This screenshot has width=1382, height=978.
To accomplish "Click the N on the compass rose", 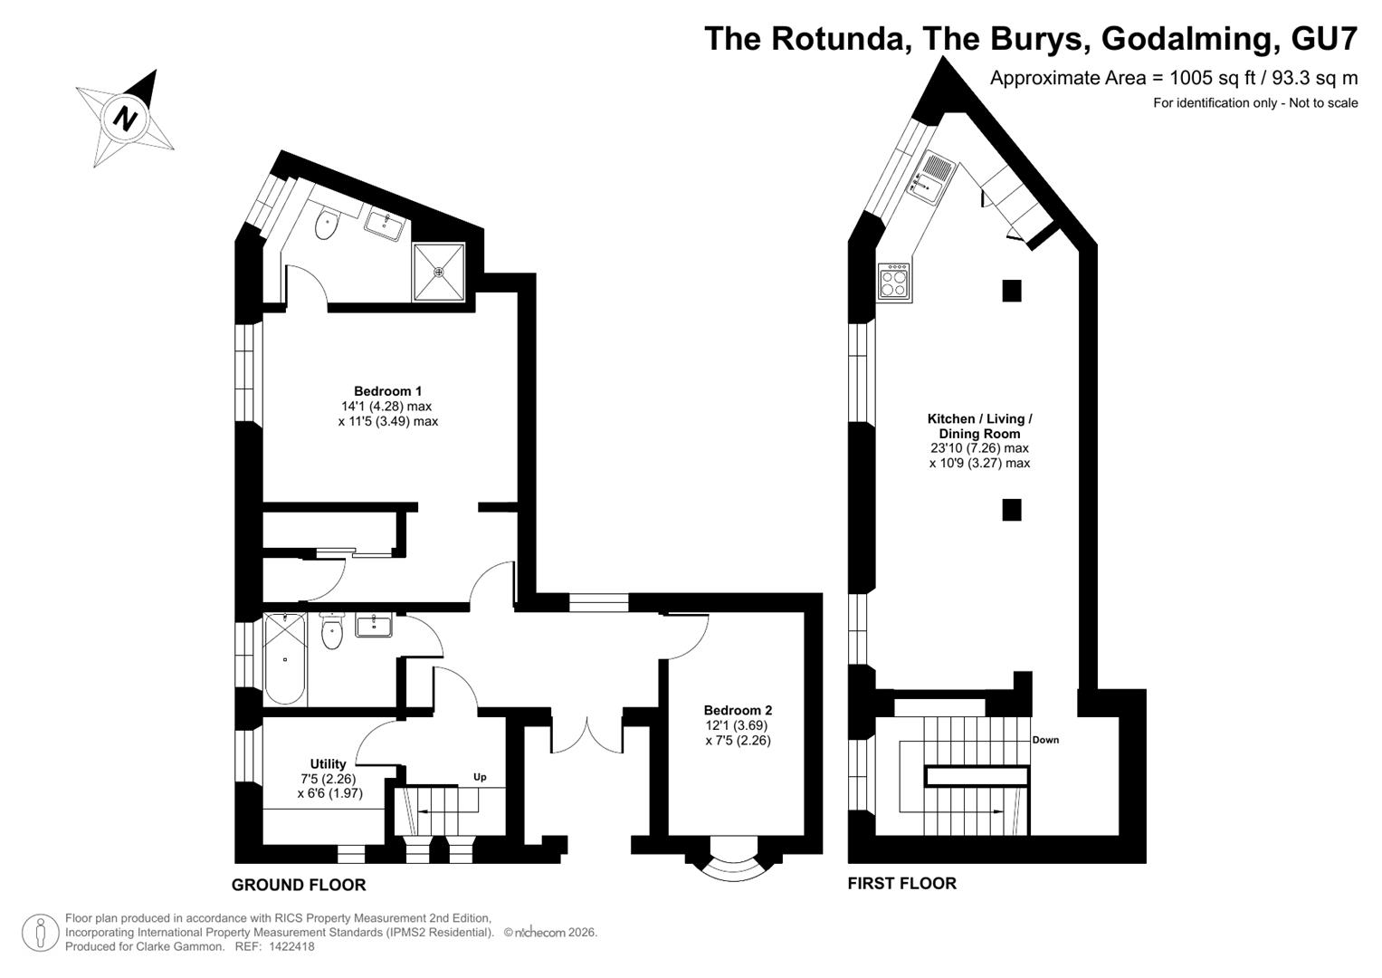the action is (126, 118).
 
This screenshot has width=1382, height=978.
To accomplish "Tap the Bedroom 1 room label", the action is (387, 391).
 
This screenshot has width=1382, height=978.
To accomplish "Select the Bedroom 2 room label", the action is (738, 710).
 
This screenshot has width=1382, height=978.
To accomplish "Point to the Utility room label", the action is (328, 763).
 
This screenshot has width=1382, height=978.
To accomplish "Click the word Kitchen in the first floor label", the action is (950, 418).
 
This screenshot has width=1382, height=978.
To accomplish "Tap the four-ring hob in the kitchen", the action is (894, 283).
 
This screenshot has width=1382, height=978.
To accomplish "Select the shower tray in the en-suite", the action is (439, 272).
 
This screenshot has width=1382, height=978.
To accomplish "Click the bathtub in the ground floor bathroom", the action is (284, 659).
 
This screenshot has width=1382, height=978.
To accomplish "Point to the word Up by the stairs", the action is (480, 777).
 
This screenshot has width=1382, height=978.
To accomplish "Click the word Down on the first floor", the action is (1045, 740).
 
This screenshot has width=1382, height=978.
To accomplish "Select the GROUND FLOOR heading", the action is (299, 885).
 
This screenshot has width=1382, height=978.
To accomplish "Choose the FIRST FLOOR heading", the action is (902, 884).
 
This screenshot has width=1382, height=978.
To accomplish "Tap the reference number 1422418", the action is (291, 946).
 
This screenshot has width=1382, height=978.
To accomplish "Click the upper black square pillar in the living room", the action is (1011, 290).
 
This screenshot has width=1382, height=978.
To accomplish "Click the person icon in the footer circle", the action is (41, 933).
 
